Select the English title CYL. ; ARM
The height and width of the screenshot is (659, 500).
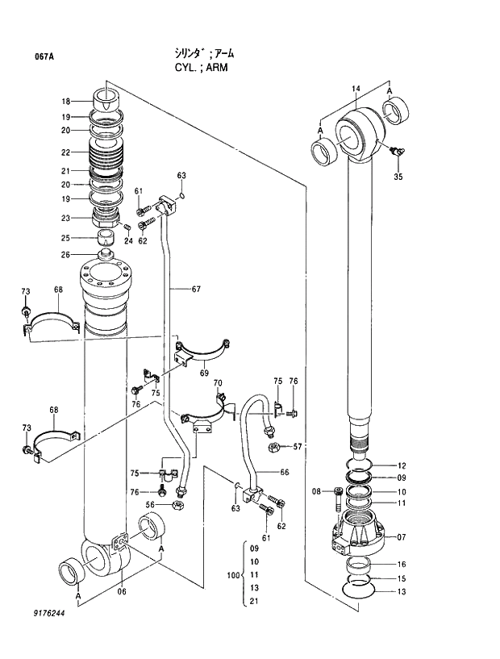click(x=201, y=68)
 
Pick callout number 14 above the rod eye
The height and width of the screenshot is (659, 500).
click(x=356, y=88)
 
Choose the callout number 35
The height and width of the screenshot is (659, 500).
click(x=398, y=177)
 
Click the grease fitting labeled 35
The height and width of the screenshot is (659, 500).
click(x=396, y=151)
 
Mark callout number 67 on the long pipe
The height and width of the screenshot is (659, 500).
click(x=195, y=289)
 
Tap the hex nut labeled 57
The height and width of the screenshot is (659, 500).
click(x=273, y=446)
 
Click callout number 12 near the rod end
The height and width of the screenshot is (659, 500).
click(x=401, y=465)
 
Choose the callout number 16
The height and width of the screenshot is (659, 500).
click(x=401, y=565)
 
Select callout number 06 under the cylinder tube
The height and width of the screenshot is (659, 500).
click(x=121, y=591)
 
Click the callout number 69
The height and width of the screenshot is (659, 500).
click(x=204, y=373)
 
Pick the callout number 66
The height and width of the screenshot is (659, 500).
click(x=284, y=472)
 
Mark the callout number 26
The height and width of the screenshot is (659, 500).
click(x=67, y=255)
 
